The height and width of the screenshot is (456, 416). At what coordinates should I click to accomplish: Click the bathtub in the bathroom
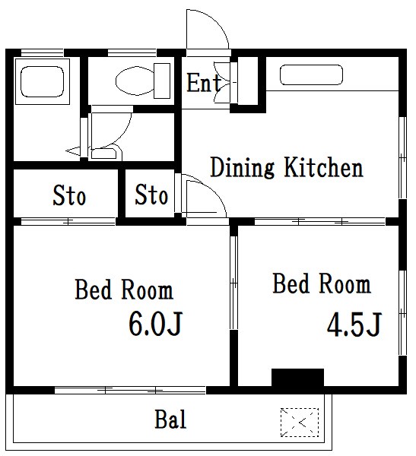click(x=43, y=82)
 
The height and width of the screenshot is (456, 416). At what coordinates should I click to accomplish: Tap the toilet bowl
click(x=135, y=81)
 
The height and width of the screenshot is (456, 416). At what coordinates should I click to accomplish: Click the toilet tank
click(x=162, y=81)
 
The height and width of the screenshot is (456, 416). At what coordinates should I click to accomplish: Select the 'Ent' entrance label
click(x=204, y=83)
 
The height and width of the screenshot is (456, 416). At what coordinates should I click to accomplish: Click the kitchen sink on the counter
click(x=311, y=75)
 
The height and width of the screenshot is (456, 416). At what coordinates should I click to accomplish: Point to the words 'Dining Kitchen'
click(x=287, y=167)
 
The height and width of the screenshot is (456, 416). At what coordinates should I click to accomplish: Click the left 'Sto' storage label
click(x=69, y=195)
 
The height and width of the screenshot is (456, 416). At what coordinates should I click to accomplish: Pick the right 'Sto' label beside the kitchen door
click(x=151, y=194)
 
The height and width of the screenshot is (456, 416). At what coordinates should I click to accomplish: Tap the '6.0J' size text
click(x=155, y=324)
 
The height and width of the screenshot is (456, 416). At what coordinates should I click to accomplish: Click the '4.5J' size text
click(x=354, y=325)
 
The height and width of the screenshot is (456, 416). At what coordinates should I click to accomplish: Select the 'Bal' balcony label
click(x=170, y=419)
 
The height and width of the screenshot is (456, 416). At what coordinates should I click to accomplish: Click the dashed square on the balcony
click(x=300, y=423)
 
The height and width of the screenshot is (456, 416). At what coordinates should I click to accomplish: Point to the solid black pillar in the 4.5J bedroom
click(x=297, y=378)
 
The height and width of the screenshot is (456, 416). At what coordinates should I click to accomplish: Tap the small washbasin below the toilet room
click(x=106, y=154)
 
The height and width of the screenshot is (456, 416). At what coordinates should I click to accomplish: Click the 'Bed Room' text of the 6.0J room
click(x=124, y=290)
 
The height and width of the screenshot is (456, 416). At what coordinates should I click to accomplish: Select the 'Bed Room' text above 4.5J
click(x=322, y=283)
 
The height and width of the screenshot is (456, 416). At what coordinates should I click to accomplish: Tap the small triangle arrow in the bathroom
click(x=73, y=150)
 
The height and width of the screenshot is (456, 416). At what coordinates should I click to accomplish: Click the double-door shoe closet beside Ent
click(x=225, y=82)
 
